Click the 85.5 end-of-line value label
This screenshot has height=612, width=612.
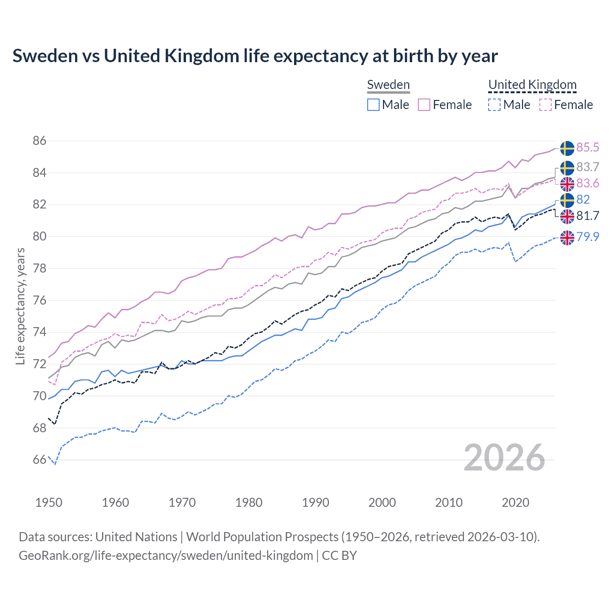[x=588, y=147]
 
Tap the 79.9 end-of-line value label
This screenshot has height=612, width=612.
[x=588, y=237]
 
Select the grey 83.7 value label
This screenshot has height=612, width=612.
[x=588, y=167]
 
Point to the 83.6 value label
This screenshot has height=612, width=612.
[x=588, y=184]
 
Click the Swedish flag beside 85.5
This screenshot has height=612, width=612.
[x=567, y=148]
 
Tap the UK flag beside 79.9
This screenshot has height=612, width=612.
[x=567, y=238]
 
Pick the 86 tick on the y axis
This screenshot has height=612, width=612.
[x=40, y=141]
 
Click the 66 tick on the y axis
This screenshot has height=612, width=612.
[x=40, y=460]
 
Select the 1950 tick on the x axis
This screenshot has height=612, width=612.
[x=49, y=503]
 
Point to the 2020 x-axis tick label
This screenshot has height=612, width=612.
[x=515, y=503]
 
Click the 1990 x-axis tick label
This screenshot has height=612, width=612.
[x=316, y=503]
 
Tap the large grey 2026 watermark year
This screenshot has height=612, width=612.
[x=504, y=458]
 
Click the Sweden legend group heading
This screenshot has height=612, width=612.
[x=388, y=85]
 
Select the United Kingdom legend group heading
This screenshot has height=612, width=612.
[x=532, y=85]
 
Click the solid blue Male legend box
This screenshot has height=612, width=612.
[x=373, y=105]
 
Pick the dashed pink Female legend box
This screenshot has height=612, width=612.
[x=546, y=105]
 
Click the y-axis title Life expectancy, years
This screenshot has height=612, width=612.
[x=21, y=306]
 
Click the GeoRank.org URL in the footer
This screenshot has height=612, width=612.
[x=165, y=556]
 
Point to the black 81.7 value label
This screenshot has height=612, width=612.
[x=588, y=216]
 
